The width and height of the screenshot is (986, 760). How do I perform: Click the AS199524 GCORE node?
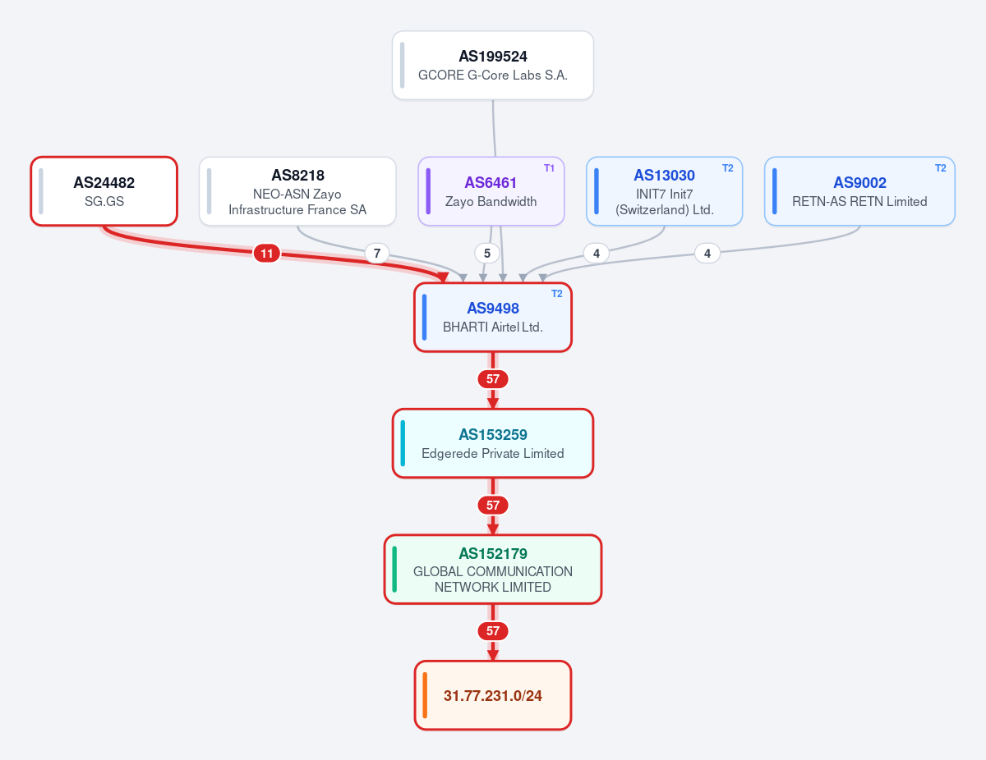click(x=493, y=66)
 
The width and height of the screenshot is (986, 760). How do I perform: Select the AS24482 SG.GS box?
click(x=104, y=191)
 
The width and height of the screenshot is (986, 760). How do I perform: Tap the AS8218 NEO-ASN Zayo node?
click(x=297, y=191)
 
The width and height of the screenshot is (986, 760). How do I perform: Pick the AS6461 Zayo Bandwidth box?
click(x=491, y=191)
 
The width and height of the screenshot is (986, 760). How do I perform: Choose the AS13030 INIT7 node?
click(x=664, y=191)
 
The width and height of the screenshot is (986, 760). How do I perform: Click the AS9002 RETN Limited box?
click(x=859, y=191)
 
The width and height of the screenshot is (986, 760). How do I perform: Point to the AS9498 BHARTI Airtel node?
click(x=493, y=318)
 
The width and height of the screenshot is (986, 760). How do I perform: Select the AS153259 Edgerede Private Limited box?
click(x=493, y=443)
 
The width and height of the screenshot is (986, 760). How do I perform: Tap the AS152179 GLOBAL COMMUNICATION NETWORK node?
click(x=493, y=570)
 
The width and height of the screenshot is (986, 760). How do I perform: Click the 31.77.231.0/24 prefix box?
click(x=493, y=695)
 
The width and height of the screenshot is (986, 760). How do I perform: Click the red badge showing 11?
click(x=267, y=254)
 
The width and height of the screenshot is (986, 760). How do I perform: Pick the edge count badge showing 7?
click(x=377, y=254)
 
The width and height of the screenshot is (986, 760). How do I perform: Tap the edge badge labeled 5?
click(x=487, y=254)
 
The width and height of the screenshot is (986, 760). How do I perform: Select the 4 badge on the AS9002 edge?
click(x=707, y=254)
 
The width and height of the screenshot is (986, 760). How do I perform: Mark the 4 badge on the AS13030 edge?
click(x=597, y=254)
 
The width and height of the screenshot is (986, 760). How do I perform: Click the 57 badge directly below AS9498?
click(x=493, y=379)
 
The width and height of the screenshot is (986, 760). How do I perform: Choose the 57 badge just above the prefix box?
click(x=493, y=631)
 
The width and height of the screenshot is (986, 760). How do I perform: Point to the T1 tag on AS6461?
click(x=549, y=168)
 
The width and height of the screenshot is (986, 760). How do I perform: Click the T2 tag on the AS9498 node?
click(x=557, y=294)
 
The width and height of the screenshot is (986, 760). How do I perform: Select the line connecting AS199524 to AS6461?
click(x=494, y=128)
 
